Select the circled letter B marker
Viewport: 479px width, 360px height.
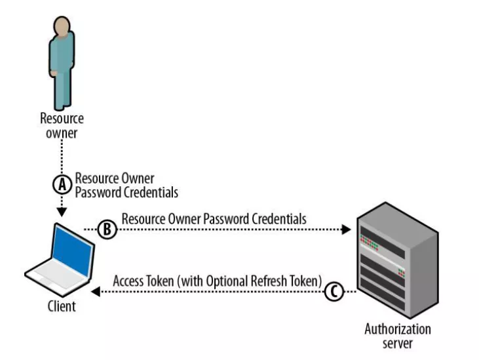tap(107, 230)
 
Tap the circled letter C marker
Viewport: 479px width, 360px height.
tap(333, 292)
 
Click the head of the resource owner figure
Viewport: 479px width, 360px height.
tap(62, 27)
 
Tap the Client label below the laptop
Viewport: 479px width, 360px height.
tap(62, 306)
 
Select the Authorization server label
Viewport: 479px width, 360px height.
tap(398, 335)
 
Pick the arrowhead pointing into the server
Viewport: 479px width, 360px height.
tap(347, 230)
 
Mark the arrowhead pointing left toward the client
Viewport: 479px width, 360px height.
tap(95, 292)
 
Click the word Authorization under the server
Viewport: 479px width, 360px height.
tap(398, 329)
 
